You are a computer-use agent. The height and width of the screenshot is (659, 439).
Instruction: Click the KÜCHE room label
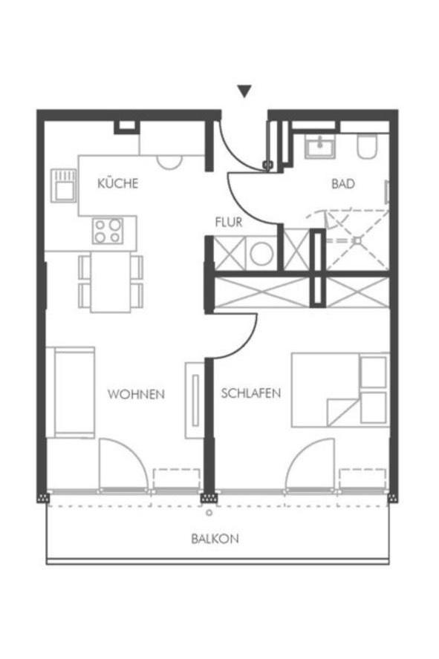click(x=117, y=183)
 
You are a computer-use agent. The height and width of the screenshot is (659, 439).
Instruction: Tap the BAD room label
click(x=343, y=183)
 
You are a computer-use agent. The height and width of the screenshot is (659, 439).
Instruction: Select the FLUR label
click(x=229, y=221)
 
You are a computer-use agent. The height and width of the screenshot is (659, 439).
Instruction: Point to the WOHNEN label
click(x=136, y=394)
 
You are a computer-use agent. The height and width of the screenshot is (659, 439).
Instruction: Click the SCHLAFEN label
click(x=251, y=393)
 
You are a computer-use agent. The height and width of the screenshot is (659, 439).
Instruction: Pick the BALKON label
click(x=215, y=540)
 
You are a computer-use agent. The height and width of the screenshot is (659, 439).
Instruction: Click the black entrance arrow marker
click(x=244, y=91)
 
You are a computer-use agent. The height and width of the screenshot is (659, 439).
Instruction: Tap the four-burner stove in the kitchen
click(x=108, y=230)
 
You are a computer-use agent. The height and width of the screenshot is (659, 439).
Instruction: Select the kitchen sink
click(x=63, y=185)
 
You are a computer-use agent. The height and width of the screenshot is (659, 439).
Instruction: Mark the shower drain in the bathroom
click(x=357, y=240)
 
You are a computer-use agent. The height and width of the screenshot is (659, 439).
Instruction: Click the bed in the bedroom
click(x=339, y=390)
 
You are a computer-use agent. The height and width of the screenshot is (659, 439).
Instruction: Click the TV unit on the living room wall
click(x=194, y=397)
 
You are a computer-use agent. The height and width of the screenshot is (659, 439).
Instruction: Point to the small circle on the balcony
click(x=210, y=512)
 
